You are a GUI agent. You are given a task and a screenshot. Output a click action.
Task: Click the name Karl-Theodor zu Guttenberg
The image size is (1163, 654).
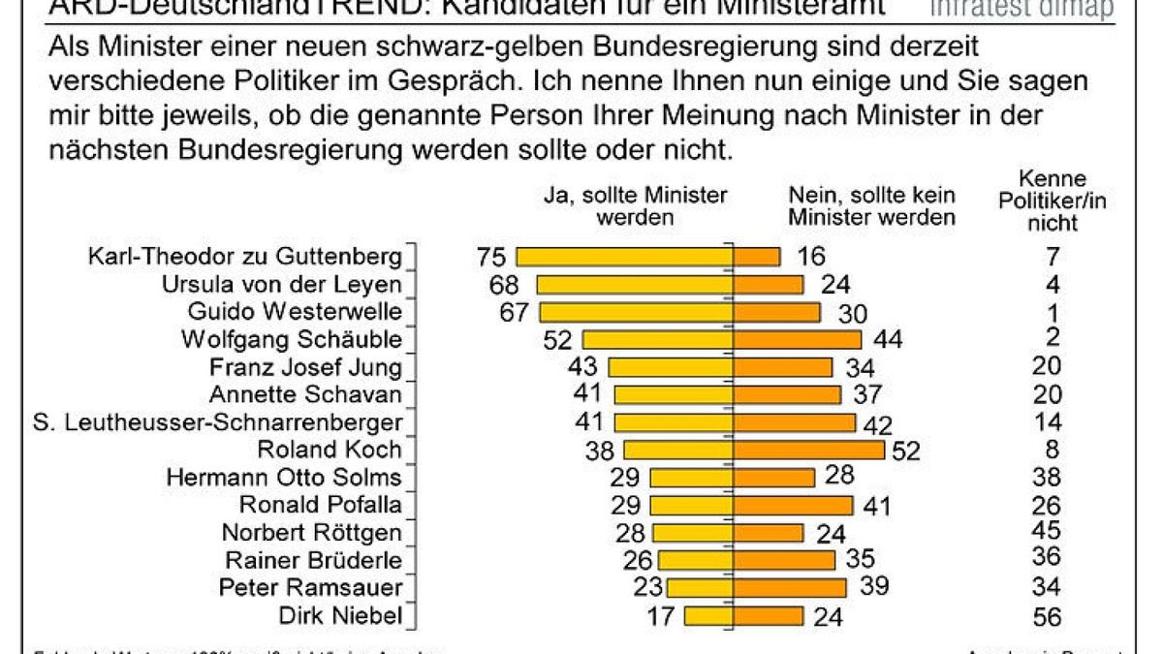pos(243,257)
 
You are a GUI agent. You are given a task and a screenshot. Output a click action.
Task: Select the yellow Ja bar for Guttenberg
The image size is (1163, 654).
pos(624,257)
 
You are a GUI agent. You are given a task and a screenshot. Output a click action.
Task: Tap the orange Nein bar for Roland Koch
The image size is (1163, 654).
pos(808,450)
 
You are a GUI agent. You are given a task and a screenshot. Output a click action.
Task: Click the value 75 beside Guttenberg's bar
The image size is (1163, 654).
pos(491,257)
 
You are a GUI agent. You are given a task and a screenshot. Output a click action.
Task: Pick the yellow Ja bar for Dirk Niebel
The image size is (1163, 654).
pos(707,616)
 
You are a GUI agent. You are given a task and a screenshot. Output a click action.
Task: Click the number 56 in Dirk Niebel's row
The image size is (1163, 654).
pos(1047,616)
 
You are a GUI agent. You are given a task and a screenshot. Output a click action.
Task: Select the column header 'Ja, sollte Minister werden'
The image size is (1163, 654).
pos(635,205)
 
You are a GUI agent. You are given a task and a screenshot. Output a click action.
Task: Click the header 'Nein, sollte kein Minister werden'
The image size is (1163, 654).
pos(871,205)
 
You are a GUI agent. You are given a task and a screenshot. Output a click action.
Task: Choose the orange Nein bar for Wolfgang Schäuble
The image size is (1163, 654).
pos(797,339)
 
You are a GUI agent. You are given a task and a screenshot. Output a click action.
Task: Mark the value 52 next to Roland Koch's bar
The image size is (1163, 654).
pos(907,450)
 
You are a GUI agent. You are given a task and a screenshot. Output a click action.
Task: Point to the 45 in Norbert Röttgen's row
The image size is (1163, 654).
pos(1047,531)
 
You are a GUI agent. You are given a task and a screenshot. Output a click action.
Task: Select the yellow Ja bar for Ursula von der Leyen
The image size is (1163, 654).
pos(635,284)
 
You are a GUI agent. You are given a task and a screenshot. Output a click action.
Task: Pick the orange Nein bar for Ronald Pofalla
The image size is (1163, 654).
pos(792,505)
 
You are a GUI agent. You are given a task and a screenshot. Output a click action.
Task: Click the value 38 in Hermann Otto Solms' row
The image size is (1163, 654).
pos(1047,477)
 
